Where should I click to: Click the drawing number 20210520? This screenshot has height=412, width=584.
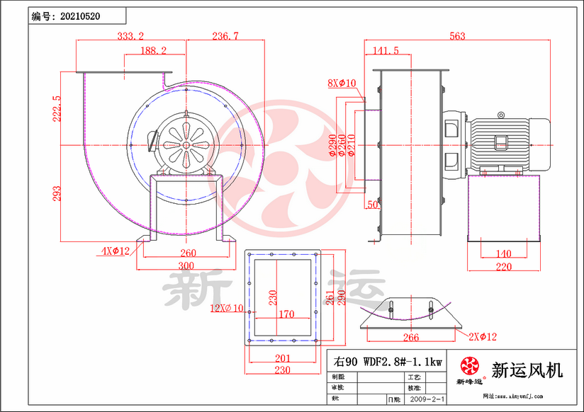click(x=82, y=15)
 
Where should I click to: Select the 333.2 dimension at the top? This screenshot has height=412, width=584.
click(x=130, y=35)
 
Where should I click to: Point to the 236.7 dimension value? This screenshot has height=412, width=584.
click(x=225, y=35)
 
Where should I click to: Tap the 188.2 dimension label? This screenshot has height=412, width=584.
click(x=153, y=51)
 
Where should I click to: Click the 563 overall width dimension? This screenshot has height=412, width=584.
click(x=458, y=35)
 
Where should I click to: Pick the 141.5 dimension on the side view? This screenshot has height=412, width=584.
click(x=386, y=51)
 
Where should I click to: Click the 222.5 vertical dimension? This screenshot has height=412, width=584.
click(x=57, y=108)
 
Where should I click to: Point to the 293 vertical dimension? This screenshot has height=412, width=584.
click(x=57, y=193)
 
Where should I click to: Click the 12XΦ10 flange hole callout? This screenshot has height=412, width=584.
click(x=227, y=308)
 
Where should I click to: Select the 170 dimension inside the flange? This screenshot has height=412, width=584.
click(x=286, y=314)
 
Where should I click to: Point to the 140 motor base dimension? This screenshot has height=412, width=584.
click(x=502, y=253)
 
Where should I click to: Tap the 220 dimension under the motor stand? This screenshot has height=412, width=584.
click(x=502, y=267)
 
